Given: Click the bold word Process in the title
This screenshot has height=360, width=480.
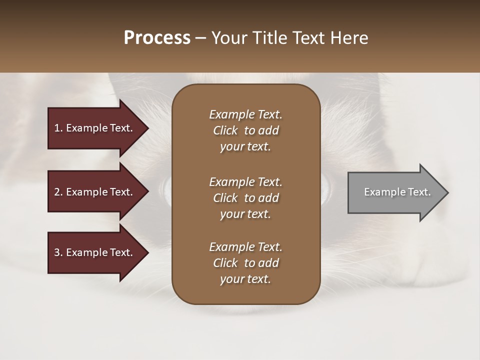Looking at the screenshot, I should [157, 38].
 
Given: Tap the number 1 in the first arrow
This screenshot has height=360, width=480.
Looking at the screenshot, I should [57, 128].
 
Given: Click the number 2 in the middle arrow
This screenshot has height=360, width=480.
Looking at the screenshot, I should [57, 192].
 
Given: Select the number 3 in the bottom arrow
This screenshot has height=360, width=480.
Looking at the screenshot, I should [57, 252].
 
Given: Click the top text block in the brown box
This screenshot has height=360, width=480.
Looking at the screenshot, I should [245, 130].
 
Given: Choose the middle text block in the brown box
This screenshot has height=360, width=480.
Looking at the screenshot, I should [245, 198].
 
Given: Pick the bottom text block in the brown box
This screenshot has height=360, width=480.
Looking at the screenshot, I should [245, 263].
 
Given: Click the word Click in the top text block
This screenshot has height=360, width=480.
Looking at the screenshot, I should [225, 130].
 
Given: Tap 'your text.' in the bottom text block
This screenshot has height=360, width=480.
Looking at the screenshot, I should [245, 279].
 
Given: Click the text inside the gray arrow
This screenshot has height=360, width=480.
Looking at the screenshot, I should [397, 192].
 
